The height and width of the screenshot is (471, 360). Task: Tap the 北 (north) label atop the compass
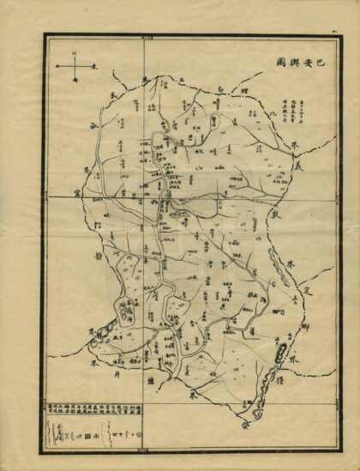[75, 52]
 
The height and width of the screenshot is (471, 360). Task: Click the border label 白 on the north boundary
[219, 89]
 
